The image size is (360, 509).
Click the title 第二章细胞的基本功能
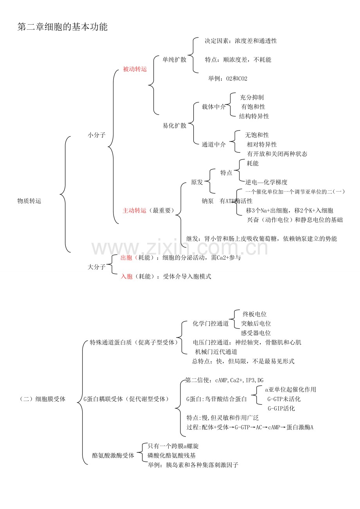click(x=62, y=27)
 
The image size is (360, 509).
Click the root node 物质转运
click(x=29, y=201)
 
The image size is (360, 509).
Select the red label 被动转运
click(x=135, y=69)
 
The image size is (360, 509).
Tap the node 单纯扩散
click(x=175, y=60)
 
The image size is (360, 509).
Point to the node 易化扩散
click(x=175, y=125)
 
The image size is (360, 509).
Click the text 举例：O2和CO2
click(x=227, y=79)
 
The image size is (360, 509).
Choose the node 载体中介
click(x=214, y=107)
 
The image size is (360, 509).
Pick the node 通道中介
click(x=214, y=144)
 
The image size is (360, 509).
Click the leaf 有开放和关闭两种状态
click(x=277, y=154)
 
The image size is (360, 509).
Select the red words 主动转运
click(x=134, y=211)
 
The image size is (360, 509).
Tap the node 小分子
click(x=96, y=135)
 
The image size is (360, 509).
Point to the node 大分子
click(x=96, y=267)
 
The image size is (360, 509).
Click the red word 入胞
click(x=126, y=276)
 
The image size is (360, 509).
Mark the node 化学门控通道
click(x=211, y=323)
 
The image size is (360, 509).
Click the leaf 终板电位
click(x=255, y=314)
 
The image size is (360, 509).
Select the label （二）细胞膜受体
click(x=42, y=399)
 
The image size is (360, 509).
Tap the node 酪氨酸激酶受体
click(x=113, y=455)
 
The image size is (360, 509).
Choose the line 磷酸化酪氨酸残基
click(x=172, y=455)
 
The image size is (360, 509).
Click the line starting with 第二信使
click(x=225, y=380)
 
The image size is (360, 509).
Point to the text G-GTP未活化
click(x=284, y=399)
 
